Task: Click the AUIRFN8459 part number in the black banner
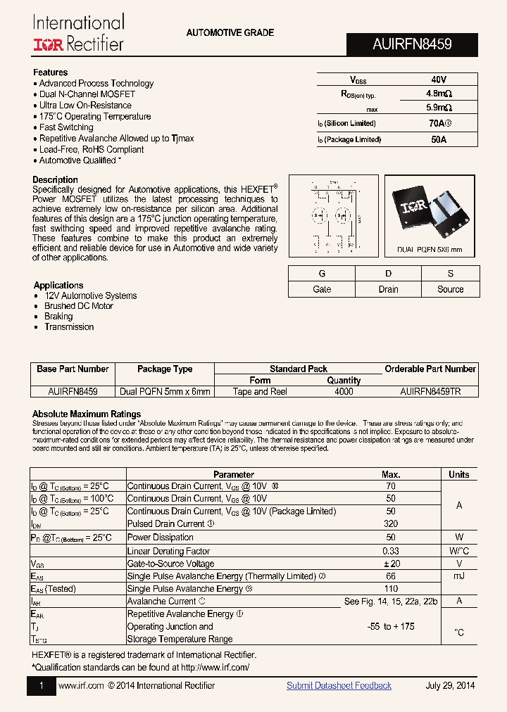(x=412, y=44)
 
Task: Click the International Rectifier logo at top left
(x=78, y=33)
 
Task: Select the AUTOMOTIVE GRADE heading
(x=230, y=33)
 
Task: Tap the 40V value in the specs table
(x=438, y=80)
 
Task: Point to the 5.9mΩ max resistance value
(x=438, y=108)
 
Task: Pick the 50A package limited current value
(x=438, y=139)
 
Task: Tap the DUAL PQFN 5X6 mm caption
(x=430, y=250)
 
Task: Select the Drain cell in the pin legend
(x=388, y=289)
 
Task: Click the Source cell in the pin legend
(x=450, y=289)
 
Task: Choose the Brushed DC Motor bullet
(x=78, y=306)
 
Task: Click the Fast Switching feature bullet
(x=66, y=127)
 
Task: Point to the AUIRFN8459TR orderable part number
(x=430, y=392)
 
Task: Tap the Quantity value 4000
(x=344, y=392)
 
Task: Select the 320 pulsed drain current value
(x=391, y=523)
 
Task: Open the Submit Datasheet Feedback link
(x=339, y=685)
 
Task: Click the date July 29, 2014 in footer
(x=450, y=685)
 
